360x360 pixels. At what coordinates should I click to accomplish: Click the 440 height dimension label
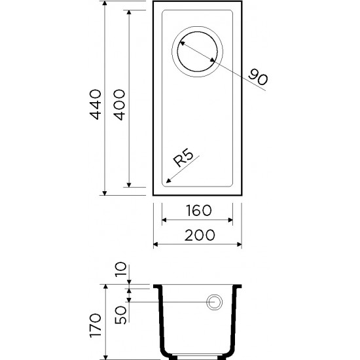pyautogui.click(x=96, y=105)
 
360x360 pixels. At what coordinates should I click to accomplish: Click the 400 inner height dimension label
pyautogui.click(x=120, y=105)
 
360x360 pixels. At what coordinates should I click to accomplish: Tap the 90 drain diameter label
pyautogui.click(x=258, y=77)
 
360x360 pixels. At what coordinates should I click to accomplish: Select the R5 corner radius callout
pyautogui.click(x=183, y=158)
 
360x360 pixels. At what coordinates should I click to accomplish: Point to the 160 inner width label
pyautogui.click(x=199, y=210)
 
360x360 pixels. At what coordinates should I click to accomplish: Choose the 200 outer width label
pyautogui.click(x=200, y=235)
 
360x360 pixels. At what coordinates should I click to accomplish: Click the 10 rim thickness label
pyautogui.click(x=121, y=269)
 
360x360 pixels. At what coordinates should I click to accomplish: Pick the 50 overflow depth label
pyautogui.click(x=121, y=315)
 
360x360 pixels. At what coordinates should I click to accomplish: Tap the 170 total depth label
pyautogui.click(x=96, y=325)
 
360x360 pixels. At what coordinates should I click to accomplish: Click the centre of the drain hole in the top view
pyautogui.click(x=197, y=52)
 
